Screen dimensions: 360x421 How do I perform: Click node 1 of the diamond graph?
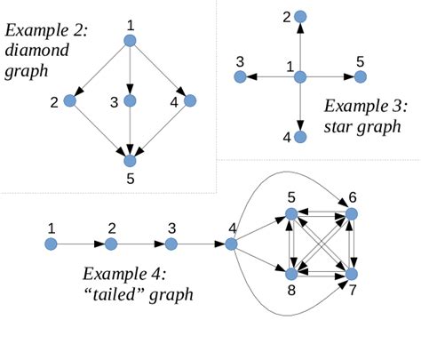tap(130, 41)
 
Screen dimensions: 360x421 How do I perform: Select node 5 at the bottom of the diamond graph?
tap(130, 161)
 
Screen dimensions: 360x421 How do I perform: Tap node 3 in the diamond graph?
tap(130, 100)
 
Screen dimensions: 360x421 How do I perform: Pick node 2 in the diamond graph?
tap(69, 100)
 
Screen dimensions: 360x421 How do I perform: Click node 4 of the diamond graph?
tap(190, 100)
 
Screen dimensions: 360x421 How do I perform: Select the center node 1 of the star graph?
tap(300, 76)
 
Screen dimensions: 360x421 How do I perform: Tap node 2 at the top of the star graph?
tap(300, 17)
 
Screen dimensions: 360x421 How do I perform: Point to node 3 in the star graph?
tap(240, 77)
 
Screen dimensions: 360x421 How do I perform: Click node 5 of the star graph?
tap(360, 77)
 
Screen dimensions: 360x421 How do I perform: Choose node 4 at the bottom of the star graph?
tap(300, 137)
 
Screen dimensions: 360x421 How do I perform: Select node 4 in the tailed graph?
tap(231, 243)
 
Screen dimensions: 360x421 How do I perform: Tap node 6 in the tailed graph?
tap(352, 214)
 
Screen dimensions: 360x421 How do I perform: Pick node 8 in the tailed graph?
tap(291, 274)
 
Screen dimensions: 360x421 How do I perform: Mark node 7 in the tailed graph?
tap(352, 274)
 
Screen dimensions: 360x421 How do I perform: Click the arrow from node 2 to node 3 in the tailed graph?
tap(140, 243)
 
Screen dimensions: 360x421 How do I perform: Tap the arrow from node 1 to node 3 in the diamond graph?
tap(130, 71)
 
